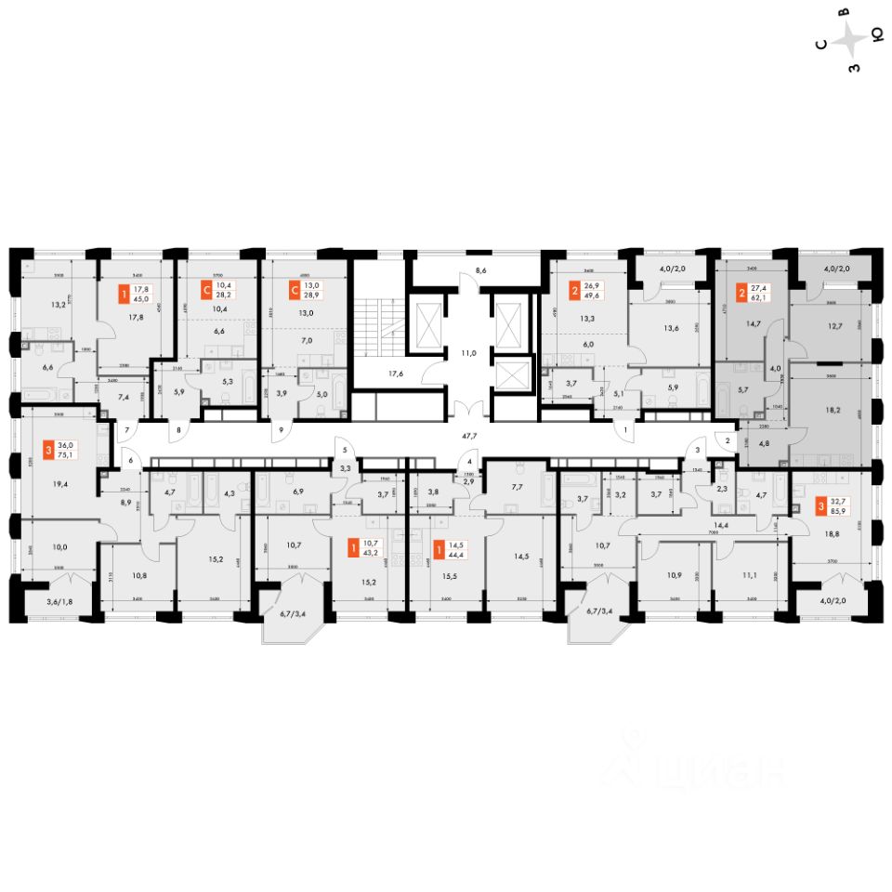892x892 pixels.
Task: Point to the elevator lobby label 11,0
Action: (469, 353)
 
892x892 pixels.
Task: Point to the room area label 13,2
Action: (58, 303)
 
